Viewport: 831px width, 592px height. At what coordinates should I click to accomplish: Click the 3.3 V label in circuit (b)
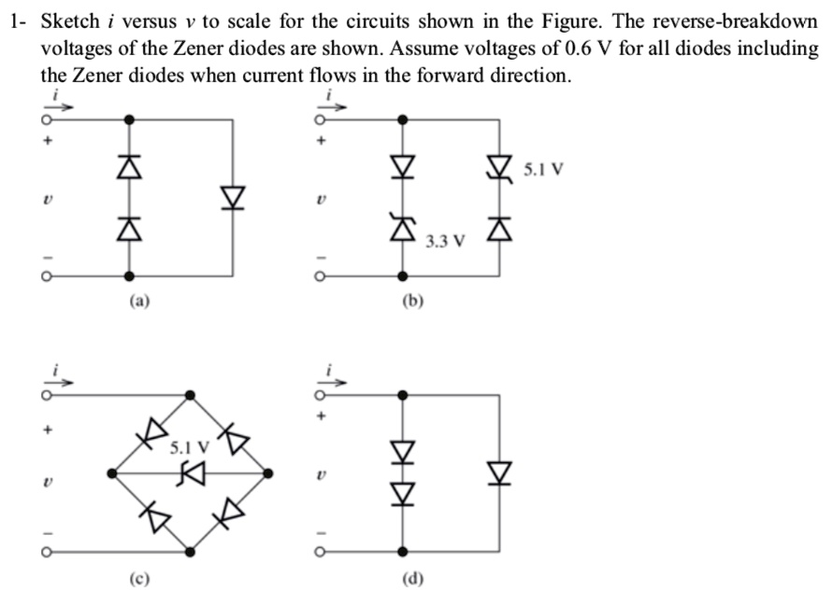click(444, 242)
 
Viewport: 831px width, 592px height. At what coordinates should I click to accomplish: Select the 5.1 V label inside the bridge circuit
click(189, 447)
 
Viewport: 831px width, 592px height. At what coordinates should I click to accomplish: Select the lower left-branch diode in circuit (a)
click(129, 228)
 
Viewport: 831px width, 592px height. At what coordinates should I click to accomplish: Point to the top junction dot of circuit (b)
click(403, 120)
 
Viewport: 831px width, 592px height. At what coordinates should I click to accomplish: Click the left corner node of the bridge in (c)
click(112, 474)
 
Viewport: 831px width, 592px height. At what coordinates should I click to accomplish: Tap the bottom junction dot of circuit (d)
click(403, 552)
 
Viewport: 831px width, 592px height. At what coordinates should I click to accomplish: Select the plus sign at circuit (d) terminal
click(323, 417)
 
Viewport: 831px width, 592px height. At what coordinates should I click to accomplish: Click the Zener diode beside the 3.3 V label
click(403, 226)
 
